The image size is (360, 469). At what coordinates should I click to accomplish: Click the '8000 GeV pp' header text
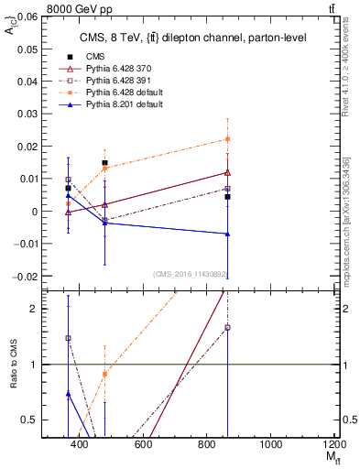tap(44, 6)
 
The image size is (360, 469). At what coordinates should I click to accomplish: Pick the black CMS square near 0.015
tap(104, 163)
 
